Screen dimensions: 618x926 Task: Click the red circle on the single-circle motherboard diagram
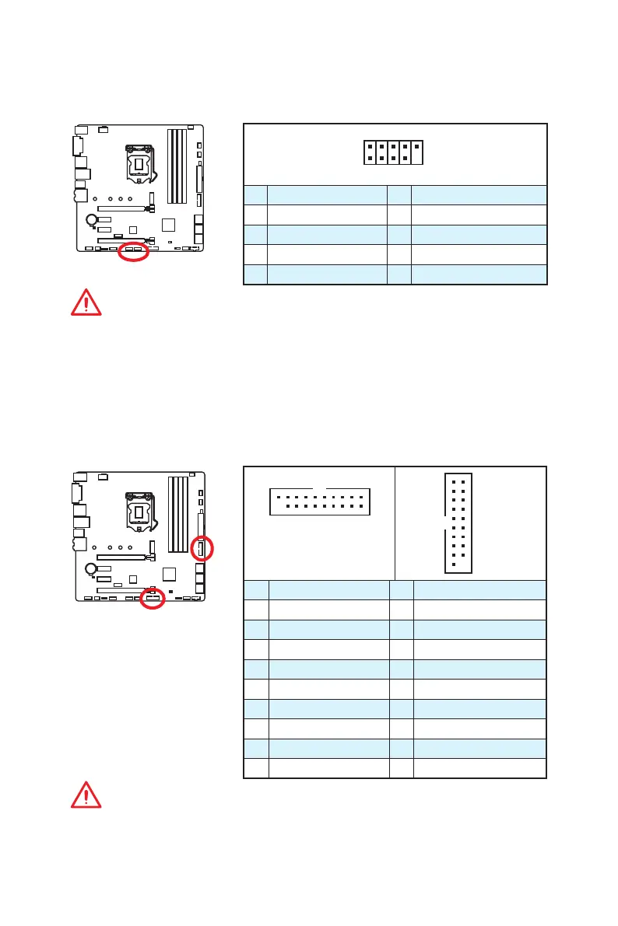tap(133, 253)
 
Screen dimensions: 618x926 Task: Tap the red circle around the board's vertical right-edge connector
tap(202, 550)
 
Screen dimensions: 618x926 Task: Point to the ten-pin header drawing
tap(393, 152)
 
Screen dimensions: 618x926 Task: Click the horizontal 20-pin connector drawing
tap(319, 501)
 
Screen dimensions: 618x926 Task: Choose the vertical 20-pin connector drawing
tap(458, 522)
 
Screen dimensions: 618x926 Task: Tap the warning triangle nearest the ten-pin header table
tap(86, 302)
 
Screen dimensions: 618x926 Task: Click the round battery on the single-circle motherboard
tap(92, 220)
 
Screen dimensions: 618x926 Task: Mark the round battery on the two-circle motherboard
tap(92, 568)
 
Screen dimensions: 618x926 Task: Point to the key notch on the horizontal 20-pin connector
tap(319, 490)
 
